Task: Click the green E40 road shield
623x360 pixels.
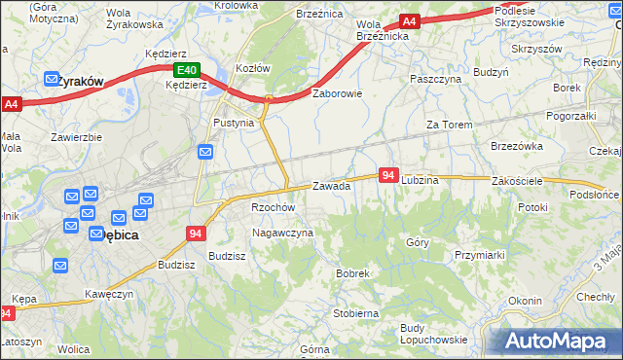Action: click(188, 71)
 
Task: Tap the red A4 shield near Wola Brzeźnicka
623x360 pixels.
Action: click(410, 21)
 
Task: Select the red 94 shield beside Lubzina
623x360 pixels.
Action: click(388, 175)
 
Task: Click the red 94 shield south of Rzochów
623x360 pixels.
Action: click(196, 234)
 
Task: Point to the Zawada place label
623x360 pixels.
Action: click(331, 186)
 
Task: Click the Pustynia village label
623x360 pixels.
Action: click(234, 124)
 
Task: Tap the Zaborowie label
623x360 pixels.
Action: click(337, 94)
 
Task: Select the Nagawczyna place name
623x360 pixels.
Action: click(282, 234)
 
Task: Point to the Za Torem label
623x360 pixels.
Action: click(449, 126)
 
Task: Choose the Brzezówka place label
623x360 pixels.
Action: click(517, 146)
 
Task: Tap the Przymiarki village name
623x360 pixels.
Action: click(478, 255)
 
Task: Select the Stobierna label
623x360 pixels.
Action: click(355, 314)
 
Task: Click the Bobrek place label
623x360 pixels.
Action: click(352, 274)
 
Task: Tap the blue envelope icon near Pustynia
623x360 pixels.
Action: click(205, 151)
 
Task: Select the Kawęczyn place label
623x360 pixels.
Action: click(108, 294)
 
